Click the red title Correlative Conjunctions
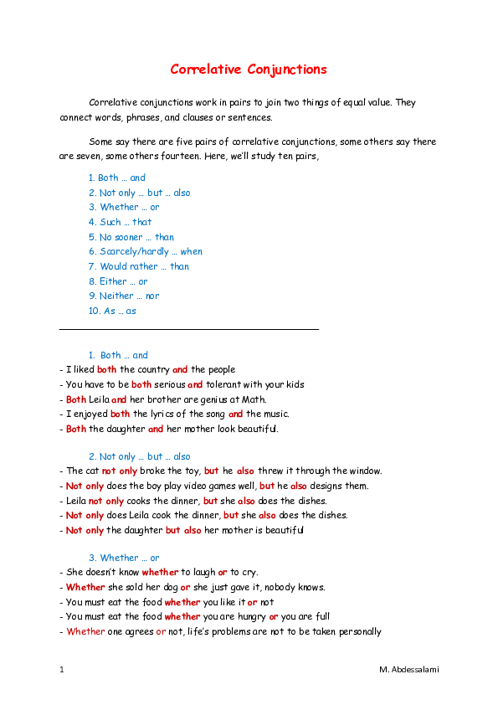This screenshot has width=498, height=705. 249,69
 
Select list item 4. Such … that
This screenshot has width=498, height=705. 120,222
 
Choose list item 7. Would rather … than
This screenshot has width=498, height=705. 138,266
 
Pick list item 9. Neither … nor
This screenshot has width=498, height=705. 123,296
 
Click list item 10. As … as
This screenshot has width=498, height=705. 112,311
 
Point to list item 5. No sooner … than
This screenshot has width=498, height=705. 131,237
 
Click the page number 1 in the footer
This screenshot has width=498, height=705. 62,670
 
